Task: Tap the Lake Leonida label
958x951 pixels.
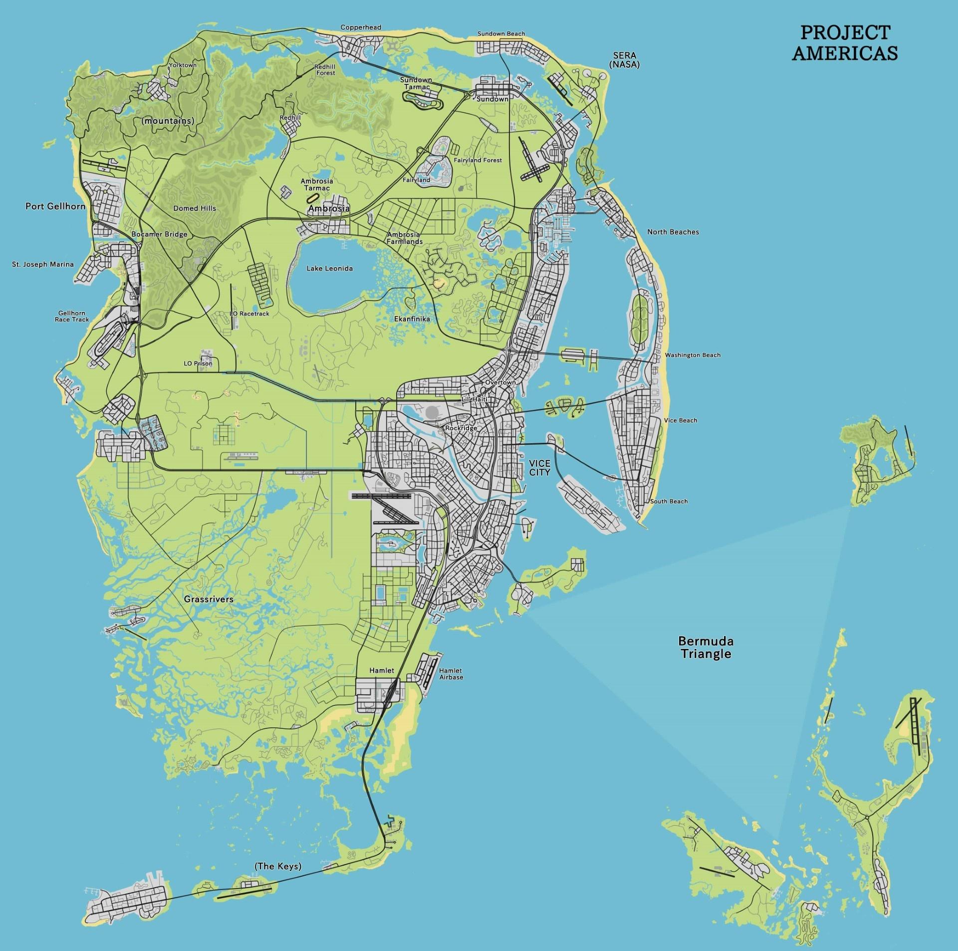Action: (329, 269)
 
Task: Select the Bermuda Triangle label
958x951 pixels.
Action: (706, 647)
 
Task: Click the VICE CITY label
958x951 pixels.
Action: (539, 467)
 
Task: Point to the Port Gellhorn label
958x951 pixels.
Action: (55, 206)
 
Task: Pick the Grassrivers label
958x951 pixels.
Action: (209, 599)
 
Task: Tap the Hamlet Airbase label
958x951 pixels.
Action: (451, 673)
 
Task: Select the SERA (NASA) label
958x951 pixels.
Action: (624, 60)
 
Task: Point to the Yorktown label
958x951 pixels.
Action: (183, 65)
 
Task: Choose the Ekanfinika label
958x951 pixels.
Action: (412, 318)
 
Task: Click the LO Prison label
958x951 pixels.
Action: (198, 363)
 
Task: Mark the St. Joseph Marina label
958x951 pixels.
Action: (43, 265)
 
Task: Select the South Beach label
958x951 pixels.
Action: (669, 501)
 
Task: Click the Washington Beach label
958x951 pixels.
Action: (693, 355)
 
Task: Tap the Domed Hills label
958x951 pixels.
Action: (195, 208)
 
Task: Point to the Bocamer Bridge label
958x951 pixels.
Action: (159, 234)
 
